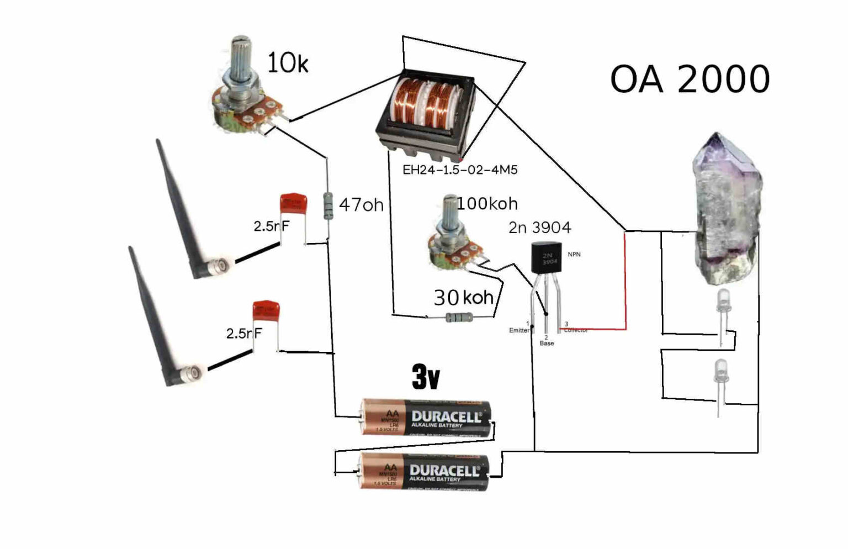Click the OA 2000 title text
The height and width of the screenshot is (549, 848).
pos(690,79)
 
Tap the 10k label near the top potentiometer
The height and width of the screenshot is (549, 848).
pos(287,63)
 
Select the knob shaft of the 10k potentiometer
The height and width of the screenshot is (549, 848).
pos(241,58)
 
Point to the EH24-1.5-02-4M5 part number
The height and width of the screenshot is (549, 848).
pos(460,170)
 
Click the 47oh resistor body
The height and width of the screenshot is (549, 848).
pos(328,205)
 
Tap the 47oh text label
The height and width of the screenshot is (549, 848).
pos(361,205)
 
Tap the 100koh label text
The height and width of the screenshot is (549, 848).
pos(487,204)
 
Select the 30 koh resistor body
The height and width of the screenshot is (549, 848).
pos(459,318)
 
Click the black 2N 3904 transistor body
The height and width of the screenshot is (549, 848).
pos(546,258)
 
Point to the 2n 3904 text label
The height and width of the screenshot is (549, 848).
pos(539,228)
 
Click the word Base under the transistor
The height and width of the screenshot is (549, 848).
pos(547,344)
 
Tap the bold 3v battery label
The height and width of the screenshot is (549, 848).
pos(426,377)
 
